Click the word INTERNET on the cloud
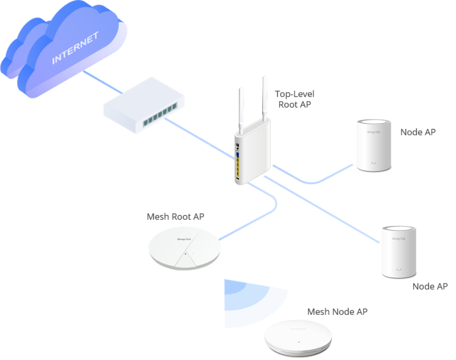(x=75, y=48)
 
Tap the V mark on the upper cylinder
(x=374, y=162)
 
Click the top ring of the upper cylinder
(x=373, y=122)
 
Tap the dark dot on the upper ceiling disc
(x=186, y=254)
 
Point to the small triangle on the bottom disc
(x=297, y=342)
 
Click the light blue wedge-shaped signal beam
(x=251, y=303)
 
